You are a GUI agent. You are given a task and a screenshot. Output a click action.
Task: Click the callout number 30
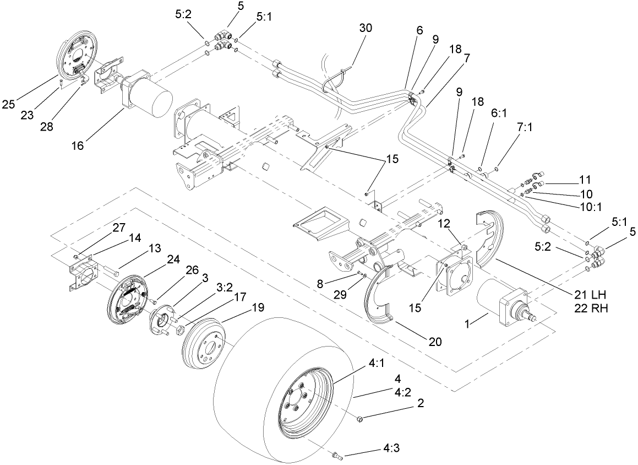point(366,28)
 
